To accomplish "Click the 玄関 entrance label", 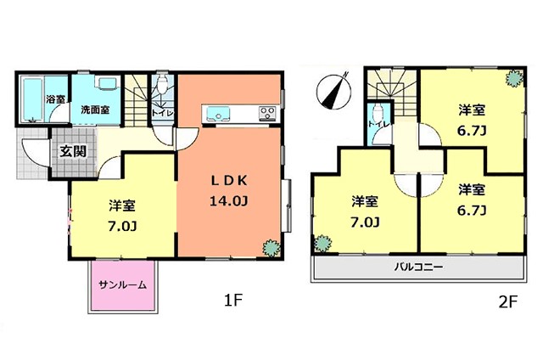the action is pyautogui.click(x=73, y=151).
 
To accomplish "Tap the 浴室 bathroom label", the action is pyautogui.click(x=55, y=99).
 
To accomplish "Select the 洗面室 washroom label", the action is pyautogui.click(x=95, y=110).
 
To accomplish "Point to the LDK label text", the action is pyautogui.click(x=229, y=181).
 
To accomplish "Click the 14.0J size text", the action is pyautogui.click(x=228, y=201).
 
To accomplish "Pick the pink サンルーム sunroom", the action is pyautogui.click(x=123, y=284).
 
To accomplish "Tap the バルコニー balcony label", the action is pyautogui.click(x=418, y=267).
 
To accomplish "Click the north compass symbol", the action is pyautogui.click(x=333, y=92).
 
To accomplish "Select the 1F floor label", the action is pyautogui.click(x=232, y=300).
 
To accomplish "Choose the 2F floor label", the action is pyautogui.click(x=507, y=302).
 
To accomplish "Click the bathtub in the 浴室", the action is pyautogui.click(x=32, y=100).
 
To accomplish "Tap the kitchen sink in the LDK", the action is pyautogui.click(x=218, y=114).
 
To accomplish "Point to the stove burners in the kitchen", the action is pyautogui.click(x=267, y=113).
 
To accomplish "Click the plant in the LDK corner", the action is pyautogui.click(x=271, y=248).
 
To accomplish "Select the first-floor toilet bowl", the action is pyautogui.click(x=162, y=84).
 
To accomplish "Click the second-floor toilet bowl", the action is pyautogui.click(x=378, y=111).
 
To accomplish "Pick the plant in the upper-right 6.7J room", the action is pyautogui.click(x=514, y=78).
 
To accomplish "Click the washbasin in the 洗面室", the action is pyautogui.click(x=108, y=83).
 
